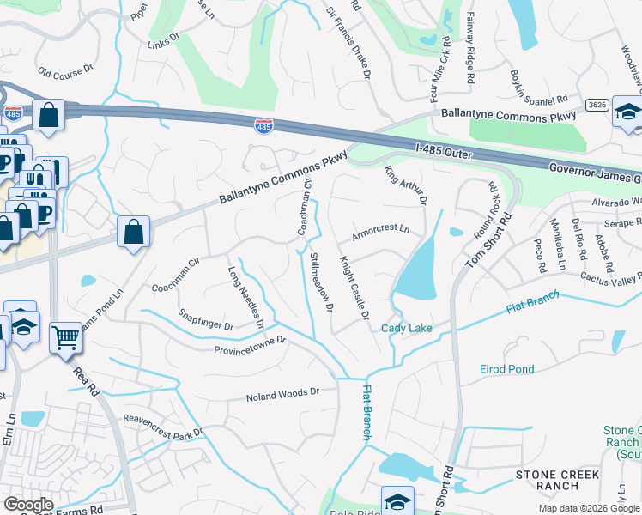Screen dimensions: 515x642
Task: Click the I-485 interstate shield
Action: click(264, 126)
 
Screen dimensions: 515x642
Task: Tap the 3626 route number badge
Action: click(598, 105)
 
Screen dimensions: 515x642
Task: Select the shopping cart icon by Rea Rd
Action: click(66, 338)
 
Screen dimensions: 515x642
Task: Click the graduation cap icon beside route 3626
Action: click(628, 114)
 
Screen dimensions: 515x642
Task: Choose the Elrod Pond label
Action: click(506, 369)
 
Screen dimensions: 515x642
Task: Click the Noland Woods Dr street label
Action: click(282, 393)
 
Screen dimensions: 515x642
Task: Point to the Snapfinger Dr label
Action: click(205, 320)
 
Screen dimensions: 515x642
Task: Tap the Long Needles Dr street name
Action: click(245, 295)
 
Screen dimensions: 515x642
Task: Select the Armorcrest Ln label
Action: click(380, 234)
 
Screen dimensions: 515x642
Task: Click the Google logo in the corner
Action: click(27, 505)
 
